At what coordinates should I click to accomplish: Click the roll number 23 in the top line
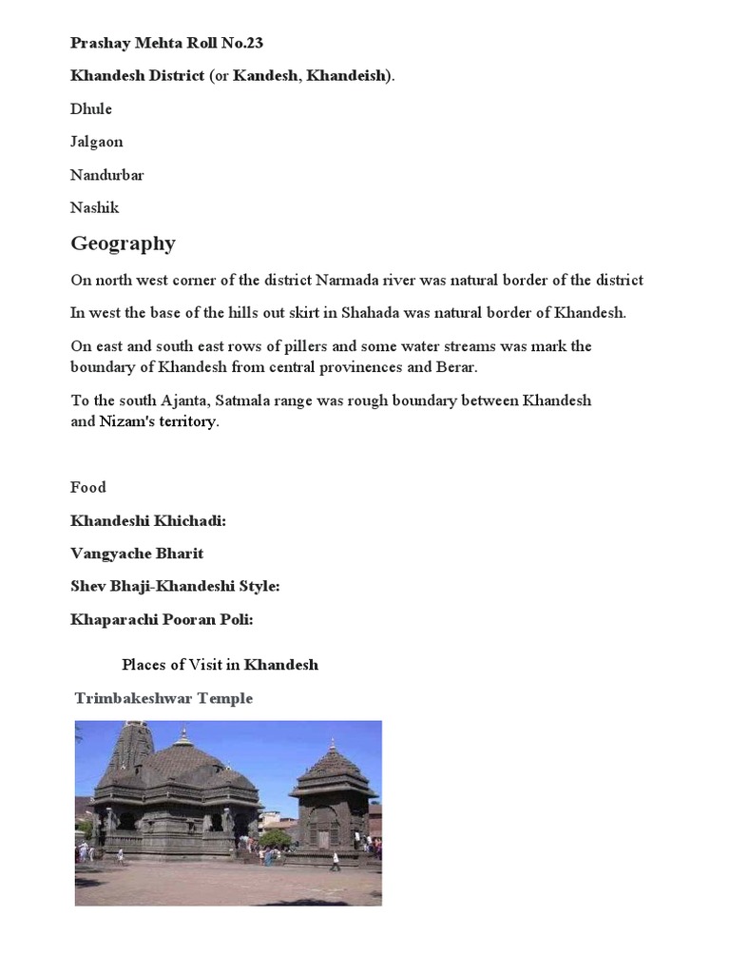(254, 43)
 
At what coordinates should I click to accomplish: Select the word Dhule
(91, 108)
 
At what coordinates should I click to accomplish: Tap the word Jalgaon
(97, 142)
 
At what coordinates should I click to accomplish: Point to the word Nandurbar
(107, 175)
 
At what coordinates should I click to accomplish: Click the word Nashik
(95, 207)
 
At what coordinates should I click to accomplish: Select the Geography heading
(124, 243)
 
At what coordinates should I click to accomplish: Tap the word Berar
(456, 367)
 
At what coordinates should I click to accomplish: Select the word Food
(88, 487)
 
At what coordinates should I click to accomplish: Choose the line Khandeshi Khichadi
(148, 520)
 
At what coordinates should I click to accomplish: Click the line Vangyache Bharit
(137, 554)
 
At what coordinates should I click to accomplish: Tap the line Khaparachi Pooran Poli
(163, 620)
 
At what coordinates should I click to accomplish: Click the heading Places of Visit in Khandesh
(220, 665)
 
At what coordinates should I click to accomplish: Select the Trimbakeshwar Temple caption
(163, 698)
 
